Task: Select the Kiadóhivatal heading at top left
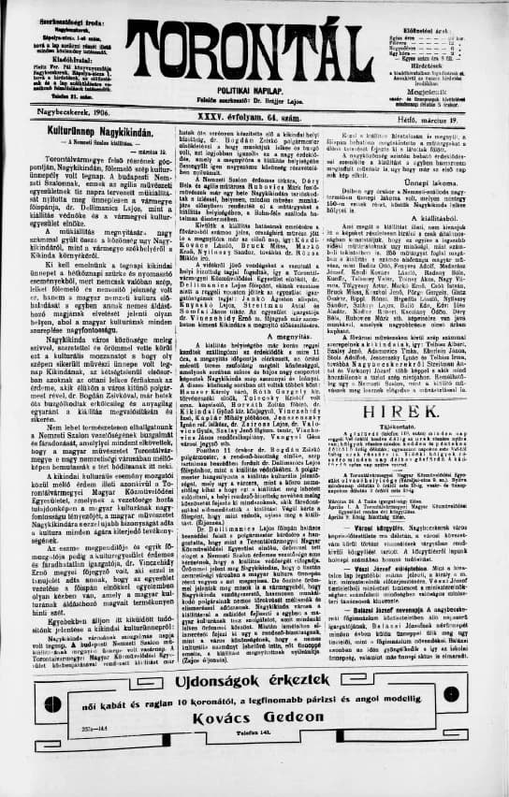click(x=69, y=56)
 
